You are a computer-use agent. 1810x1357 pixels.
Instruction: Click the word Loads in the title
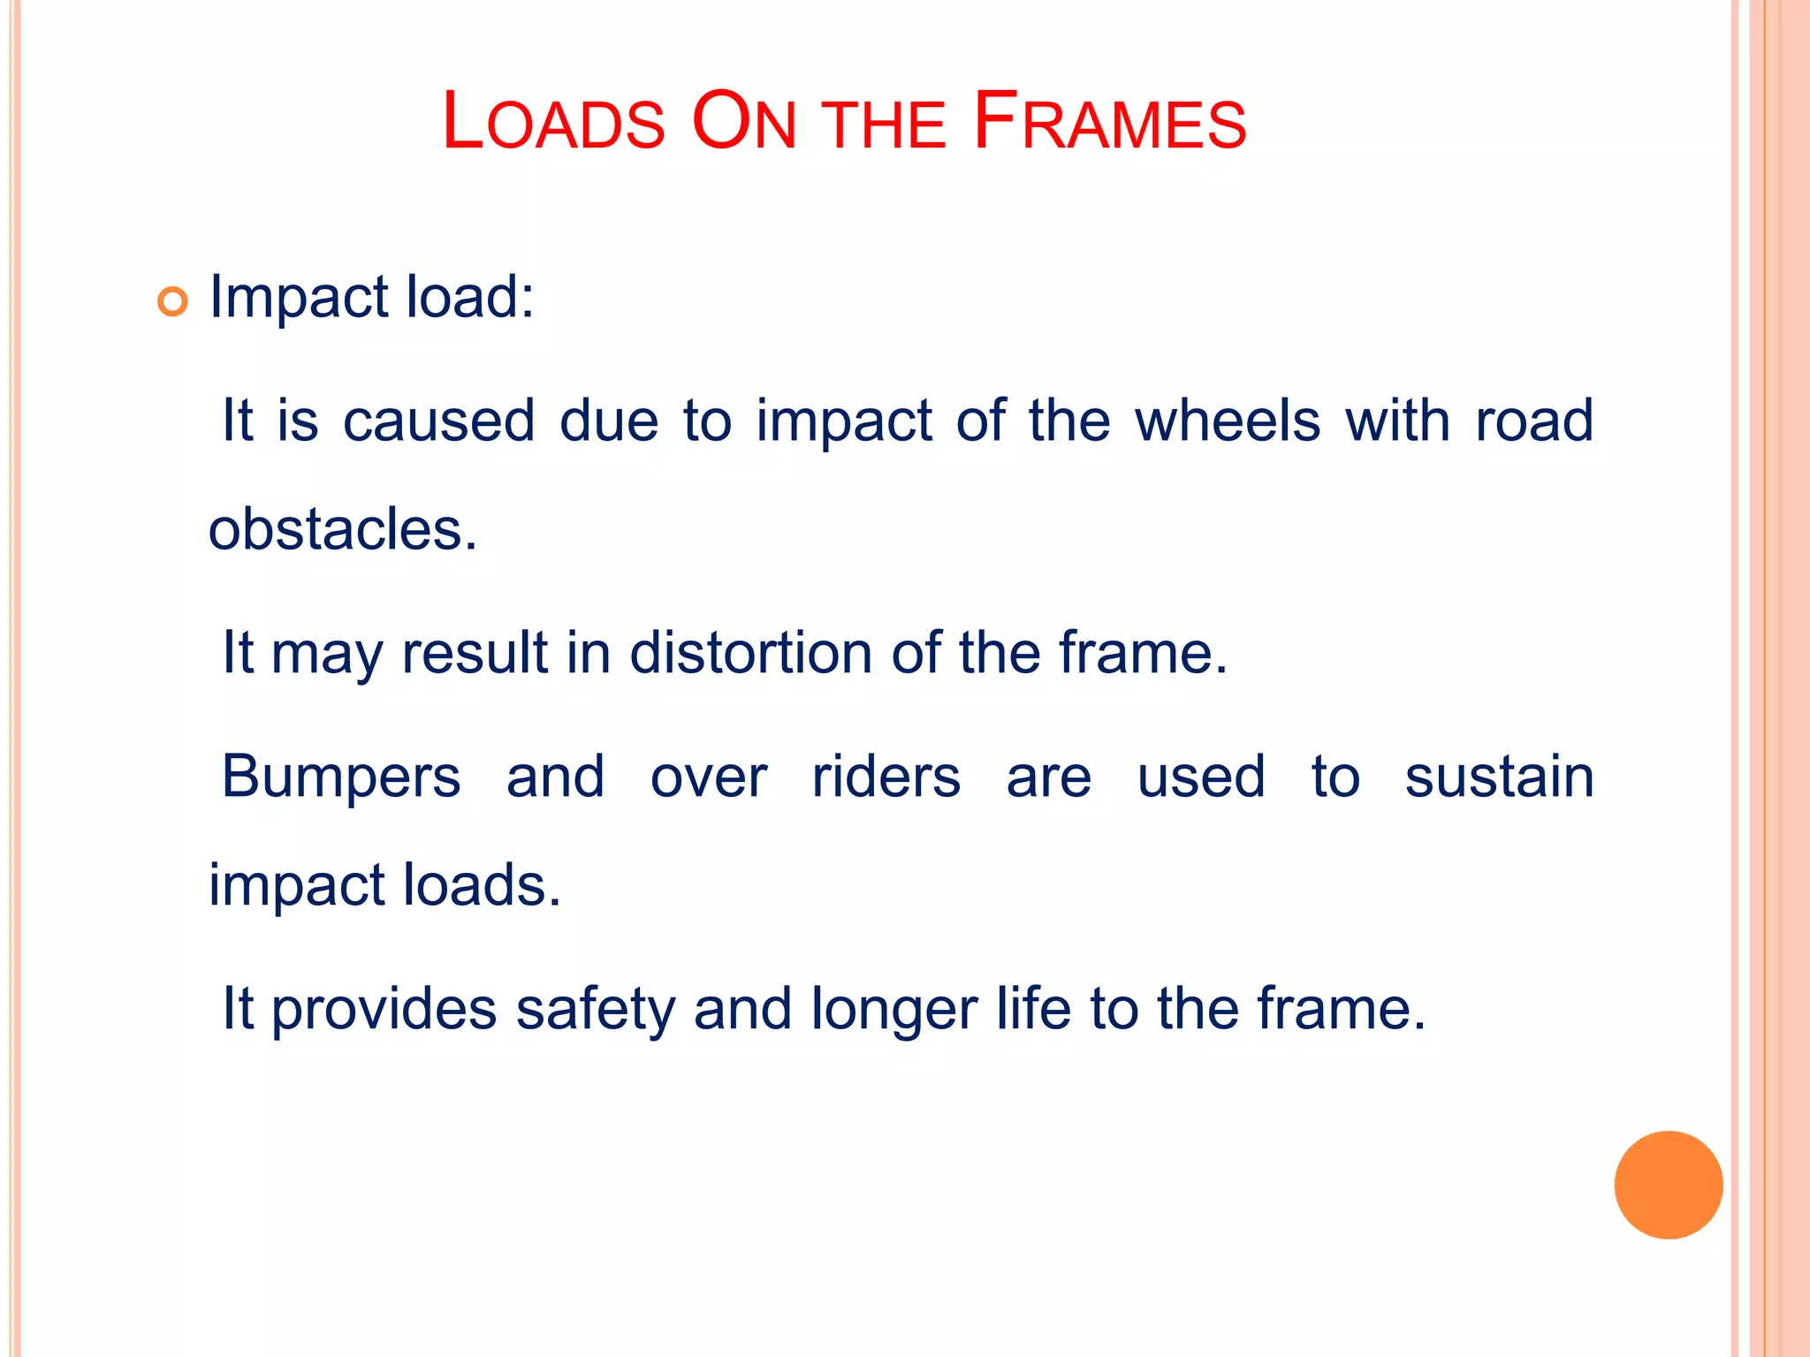(x=553, y=122)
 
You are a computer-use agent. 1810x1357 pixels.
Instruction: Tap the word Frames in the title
(x=1109, y=122)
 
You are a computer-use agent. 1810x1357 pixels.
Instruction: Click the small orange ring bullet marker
(x=172, y=302)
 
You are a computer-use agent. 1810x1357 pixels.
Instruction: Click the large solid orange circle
(x=1668, y=1185)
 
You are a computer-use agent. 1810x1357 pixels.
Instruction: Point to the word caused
(x=438, y=421)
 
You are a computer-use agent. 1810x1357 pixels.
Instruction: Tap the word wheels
(x=1227, y=421)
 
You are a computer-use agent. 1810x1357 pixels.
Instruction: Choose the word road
(x=1534, y=421)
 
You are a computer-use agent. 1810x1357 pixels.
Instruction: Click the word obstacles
(x=343, y=530)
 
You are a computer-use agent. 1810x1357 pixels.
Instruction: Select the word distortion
(x=750, y=653)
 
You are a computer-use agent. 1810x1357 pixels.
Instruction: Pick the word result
(x=475, y=653)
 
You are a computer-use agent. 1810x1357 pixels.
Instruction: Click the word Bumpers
(x=341, y=777)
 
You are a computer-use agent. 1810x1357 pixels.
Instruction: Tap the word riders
(x=886, y=777)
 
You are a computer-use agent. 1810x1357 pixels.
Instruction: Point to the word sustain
(x=1499, y=777)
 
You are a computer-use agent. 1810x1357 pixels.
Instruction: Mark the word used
(x=1201, y=777)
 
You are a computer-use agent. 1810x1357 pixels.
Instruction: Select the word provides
(x=384, y=1010)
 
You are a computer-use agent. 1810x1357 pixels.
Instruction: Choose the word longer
(x=893, y=1010)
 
